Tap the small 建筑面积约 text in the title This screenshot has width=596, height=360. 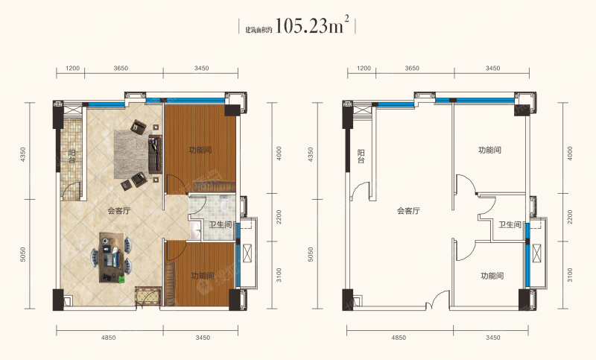pos(259,30)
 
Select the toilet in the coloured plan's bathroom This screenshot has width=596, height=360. pos(224,203)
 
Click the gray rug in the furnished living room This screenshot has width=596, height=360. pos(132,154)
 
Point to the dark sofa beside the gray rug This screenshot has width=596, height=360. pos(155,154)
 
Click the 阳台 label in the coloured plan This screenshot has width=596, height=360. pos(72,157)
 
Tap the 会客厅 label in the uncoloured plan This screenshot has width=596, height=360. pos(408,211)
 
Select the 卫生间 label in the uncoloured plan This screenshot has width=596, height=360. pos(510,224)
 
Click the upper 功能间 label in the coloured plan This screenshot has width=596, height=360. pos(200,150)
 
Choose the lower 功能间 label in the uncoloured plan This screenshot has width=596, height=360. pos(492,276)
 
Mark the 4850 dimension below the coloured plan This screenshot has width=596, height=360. pos(109,338)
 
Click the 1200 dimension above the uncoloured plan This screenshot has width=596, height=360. pos(364,69)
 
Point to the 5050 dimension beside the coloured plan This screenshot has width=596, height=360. pos(23,254)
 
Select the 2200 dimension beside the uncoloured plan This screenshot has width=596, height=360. pos(569,217)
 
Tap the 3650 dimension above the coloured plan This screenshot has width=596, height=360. pos(121,69)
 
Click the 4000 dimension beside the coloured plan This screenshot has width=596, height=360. pos(279,154)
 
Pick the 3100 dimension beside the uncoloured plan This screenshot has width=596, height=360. pos(569,275)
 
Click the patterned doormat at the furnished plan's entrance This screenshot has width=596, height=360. pos(148,297)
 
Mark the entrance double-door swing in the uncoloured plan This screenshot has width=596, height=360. pos(438,299)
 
